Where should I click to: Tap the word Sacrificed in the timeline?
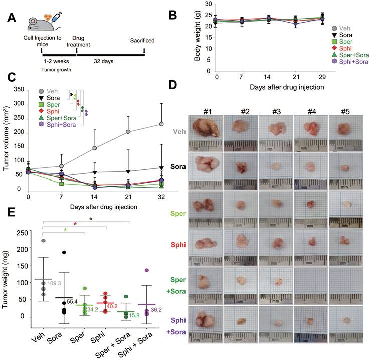pyautogui.click(x=143, y=40)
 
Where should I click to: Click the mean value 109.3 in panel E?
pyautogui.click(x=54, y=283)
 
